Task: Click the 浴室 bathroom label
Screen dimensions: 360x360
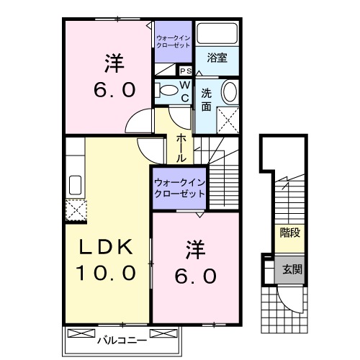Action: click(x=217, y=58)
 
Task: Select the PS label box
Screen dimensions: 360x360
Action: click(x=185, y=71)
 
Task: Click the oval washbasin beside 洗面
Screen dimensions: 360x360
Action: click(x=228, y=92)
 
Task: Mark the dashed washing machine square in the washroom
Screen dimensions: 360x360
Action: click(x=228, y=118)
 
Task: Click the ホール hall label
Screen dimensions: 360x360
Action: click(x=181, y=147)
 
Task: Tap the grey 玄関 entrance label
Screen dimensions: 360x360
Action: click(x=290, y=269)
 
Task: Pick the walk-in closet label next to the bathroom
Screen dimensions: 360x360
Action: click(x=174, y=40)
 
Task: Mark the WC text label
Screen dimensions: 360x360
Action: click(x=184, y=91)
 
